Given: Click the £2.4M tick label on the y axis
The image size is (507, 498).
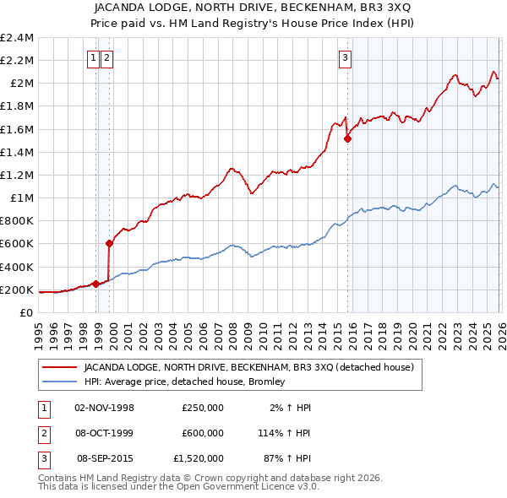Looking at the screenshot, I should point(17,38).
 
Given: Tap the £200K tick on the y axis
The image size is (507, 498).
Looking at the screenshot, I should point(17,290).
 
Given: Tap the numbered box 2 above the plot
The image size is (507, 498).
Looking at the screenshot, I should point(107,58).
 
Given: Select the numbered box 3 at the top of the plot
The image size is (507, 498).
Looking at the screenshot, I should point(346,58).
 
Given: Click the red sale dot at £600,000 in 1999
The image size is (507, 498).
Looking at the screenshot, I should point(109,244).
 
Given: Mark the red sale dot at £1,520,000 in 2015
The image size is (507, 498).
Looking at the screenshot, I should point(347,139).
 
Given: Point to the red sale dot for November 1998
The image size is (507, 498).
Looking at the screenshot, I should point(95,284).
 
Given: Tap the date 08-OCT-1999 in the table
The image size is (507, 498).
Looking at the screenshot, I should point(105,433).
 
